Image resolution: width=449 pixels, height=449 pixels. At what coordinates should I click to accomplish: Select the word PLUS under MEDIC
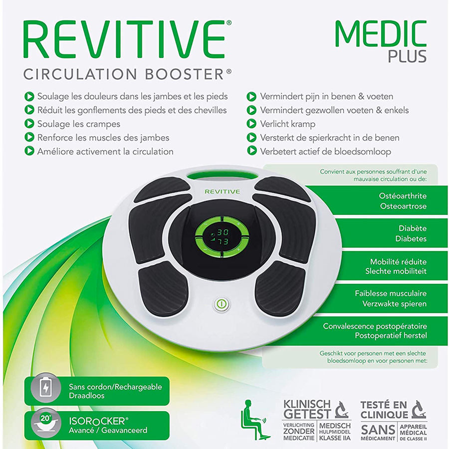[x=407, y=56]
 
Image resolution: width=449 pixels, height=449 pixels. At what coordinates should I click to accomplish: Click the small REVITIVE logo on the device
[x=222, y=192]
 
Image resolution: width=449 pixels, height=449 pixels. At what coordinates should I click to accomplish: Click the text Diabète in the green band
[x=412, y=228]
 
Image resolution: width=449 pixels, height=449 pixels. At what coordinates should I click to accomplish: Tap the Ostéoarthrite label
[x=403, y=196]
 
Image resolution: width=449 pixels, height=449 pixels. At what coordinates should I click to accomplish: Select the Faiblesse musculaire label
[x=391, y=294]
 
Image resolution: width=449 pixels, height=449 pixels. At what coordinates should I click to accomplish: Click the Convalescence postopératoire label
[x=375, y=326]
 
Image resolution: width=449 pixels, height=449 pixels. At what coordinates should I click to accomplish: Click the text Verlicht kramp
[x=287, y=124]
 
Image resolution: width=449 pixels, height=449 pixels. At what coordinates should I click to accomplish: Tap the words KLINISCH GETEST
[x=307, y=409]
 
